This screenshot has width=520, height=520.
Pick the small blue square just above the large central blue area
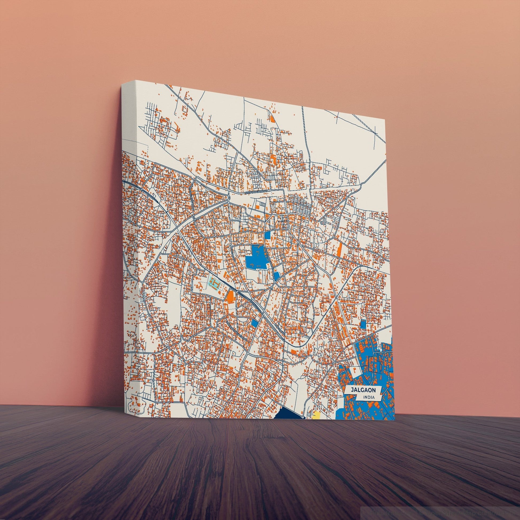(x=268, y=227)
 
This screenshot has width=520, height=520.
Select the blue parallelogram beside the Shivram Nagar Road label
(x=254, y=323)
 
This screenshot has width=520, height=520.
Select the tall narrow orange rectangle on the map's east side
(x=340, y=248)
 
